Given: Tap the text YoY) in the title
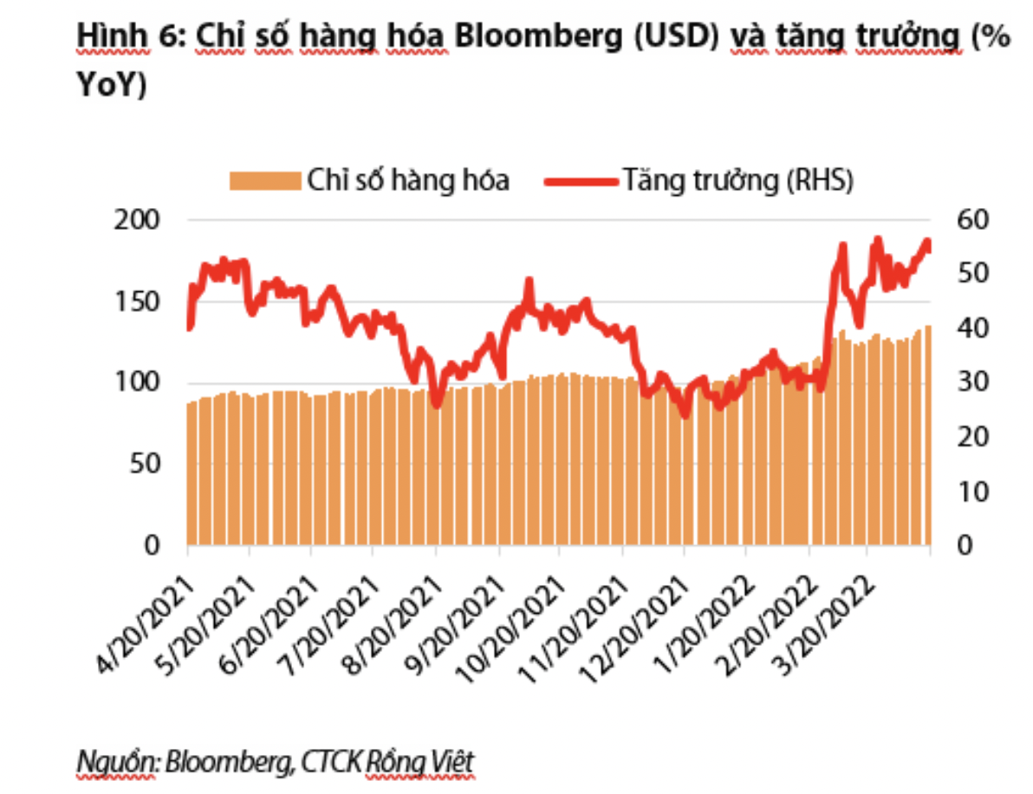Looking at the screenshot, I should [x=112, y=85].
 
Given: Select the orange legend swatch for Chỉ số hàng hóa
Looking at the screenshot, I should [x=265, y=180].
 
